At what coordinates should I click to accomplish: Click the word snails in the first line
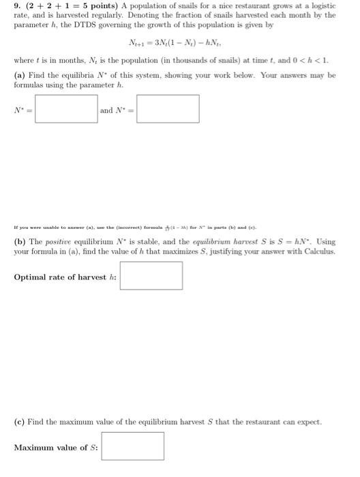(x=175, y=5)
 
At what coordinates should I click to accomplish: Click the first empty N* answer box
(x=66, y=110)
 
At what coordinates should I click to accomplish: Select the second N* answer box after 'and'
(x=168, y=110)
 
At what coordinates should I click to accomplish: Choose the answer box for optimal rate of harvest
(x=151, y=276)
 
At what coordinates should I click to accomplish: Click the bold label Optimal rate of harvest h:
(x=65, y=277)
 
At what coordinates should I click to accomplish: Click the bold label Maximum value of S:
(x=56, y=447)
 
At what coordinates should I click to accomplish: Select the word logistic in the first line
(x=320, y=5)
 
